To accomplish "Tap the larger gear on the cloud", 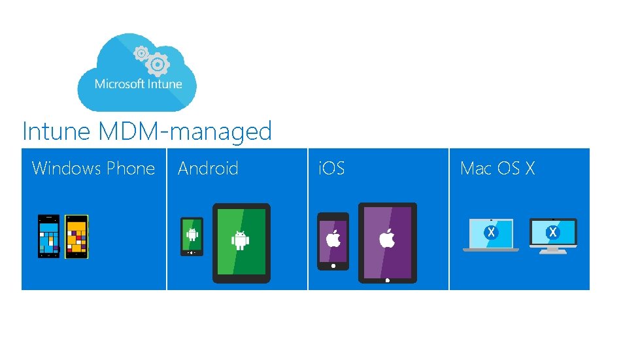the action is click(158, 64).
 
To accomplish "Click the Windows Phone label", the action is click(93, 169).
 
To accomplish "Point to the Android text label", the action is click(208, 169).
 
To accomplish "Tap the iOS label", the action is click(331, 169).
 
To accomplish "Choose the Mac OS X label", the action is click(497, 169).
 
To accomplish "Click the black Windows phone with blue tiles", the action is click(48, 236).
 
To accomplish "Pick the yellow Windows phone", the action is click(76, 236).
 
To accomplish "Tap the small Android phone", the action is click(192, 236).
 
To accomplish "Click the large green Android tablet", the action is click(241, 242).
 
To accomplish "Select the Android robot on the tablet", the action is click(241, 240).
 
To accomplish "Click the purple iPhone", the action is click(333, 240).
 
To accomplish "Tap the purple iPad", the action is click(387, 242).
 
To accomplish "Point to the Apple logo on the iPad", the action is click(387, 238).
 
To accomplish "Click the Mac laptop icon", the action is click(490, 235).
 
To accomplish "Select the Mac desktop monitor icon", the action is click(553, 235).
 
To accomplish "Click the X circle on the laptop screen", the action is click(490, 232).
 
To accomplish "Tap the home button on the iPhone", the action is click(333, 265).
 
